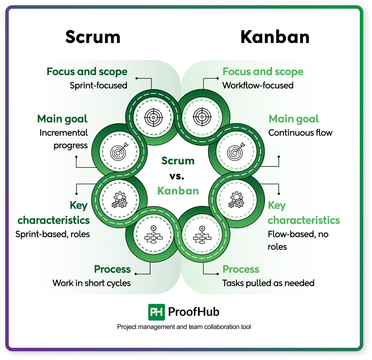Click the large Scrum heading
[x=93, y=37]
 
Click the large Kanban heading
[x=275, y=37]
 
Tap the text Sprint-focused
[x=98, y=85]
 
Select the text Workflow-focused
[x=258, y=85]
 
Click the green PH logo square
[x=157, y=312]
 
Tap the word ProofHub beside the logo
[x=194, y=312]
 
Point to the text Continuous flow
[x=300, y=133]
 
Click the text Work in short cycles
[x=92, y=283]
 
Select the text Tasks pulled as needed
[x=268, y=283]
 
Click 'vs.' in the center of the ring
[x=177, y=176]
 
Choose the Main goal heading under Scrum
[x=62, y=119]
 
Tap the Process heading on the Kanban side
[x=241, y=269]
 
